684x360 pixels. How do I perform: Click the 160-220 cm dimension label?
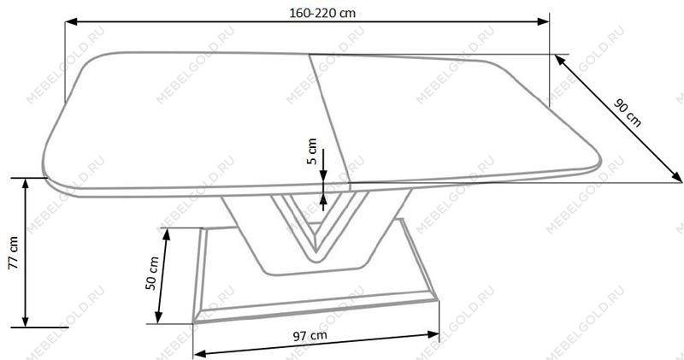pyautogui.click(x=322, y=13)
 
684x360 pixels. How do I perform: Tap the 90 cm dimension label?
pyautogui.click(x=628, y=113)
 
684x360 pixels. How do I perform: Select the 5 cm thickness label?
pyautogui.click(x=312, y=151)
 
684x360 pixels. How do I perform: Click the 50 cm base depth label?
pyautogui.click(x=152, y=274)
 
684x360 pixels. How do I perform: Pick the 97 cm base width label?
pyautogui.click(x=310, y=335)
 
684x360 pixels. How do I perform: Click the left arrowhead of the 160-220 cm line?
pyautogui.click(x=71, y=21)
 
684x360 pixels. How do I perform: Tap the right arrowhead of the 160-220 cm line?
pyautogui.click(x=543, y=21)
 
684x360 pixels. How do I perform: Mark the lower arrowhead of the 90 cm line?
pyautogui.click(x=675, y=177)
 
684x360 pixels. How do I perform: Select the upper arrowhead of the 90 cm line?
pyautogui.click(x=561, y=60)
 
